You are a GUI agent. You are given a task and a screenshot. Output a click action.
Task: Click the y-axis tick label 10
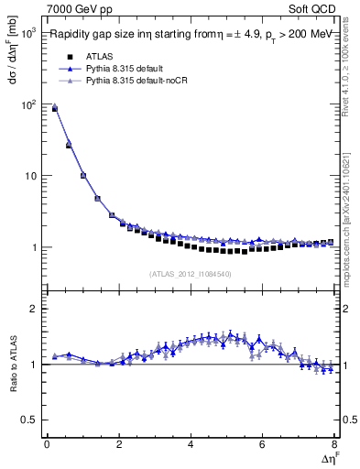pyautogui.click(x=29, y=176)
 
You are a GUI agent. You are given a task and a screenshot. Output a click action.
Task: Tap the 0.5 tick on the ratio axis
pyautogui.click(x=27, y=420)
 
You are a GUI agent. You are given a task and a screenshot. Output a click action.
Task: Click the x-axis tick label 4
pyautogui.click(x=191, y=444)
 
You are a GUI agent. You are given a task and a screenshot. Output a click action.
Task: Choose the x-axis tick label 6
pyautogui.click(x=263, y=444)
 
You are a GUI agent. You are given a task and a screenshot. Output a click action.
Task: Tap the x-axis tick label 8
pyautogui.click(x=334, y=444)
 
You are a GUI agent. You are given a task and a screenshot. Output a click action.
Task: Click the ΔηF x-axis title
pyautogui.click(x=327, y=457)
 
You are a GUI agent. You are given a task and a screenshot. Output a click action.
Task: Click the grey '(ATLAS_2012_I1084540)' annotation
pyautogui.click(x=191, y=273)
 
